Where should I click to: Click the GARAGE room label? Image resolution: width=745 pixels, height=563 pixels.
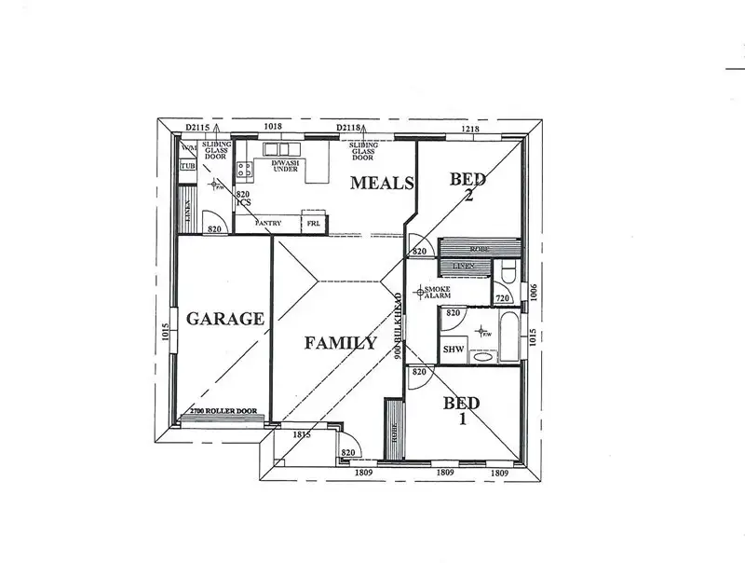pyautogui.click(x=224, y=318)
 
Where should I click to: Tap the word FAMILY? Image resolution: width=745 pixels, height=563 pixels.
pyautogui.click(x=341, y=343)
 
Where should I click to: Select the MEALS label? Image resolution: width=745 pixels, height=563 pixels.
pyautogui.click(x=381, y=183)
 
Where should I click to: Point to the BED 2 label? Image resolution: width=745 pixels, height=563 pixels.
pyautogui.click(x=468, y=187)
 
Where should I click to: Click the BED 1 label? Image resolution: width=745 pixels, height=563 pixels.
pyautogui.click(x=462, y=411)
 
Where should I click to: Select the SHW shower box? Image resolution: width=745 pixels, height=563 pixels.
pyautogui.click(x=454, y=350)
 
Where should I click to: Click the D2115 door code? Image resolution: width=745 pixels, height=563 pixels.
pyautogui.click(x=197, y=126)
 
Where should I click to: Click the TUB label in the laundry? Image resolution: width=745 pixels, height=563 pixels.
pyautogui.click(x=188, y=166)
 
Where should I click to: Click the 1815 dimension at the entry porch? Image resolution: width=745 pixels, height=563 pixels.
pyautogui.click(x=301, y=435)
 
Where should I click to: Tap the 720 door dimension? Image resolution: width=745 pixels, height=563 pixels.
pyautogui.click(x=502, y=298)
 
